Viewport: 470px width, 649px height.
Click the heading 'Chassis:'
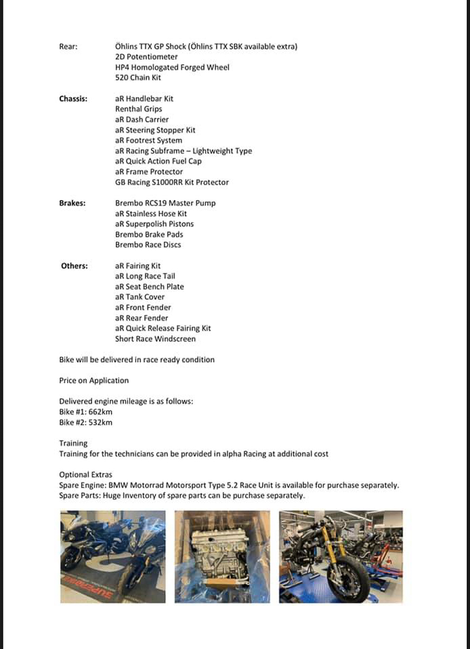(x=73, y=99)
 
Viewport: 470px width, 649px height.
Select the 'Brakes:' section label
(x=72, y=203)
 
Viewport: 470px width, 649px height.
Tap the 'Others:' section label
(x=74, y=266)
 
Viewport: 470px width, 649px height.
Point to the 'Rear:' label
(x=68, y=47)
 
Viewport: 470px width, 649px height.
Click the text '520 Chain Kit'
(x=138, y=78)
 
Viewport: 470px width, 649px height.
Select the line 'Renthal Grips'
(x=139, y=109)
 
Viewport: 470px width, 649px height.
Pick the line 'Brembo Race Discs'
(x=148, y=245)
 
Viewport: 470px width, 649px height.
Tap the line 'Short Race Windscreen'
(x=155, y=339)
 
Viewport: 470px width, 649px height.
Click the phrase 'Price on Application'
(x=94, y=381)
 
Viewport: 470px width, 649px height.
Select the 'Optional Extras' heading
(x=86, y=475)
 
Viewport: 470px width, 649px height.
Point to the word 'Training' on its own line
(x=73, y=443)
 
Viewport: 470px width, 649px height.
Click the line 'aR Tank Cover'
(x=140, y=297)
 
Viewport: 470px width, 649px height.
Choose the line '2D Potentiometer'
(x=146, y=57)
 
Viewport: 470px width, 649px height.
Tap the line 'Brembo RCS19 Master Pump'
(x=165, y=203)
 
